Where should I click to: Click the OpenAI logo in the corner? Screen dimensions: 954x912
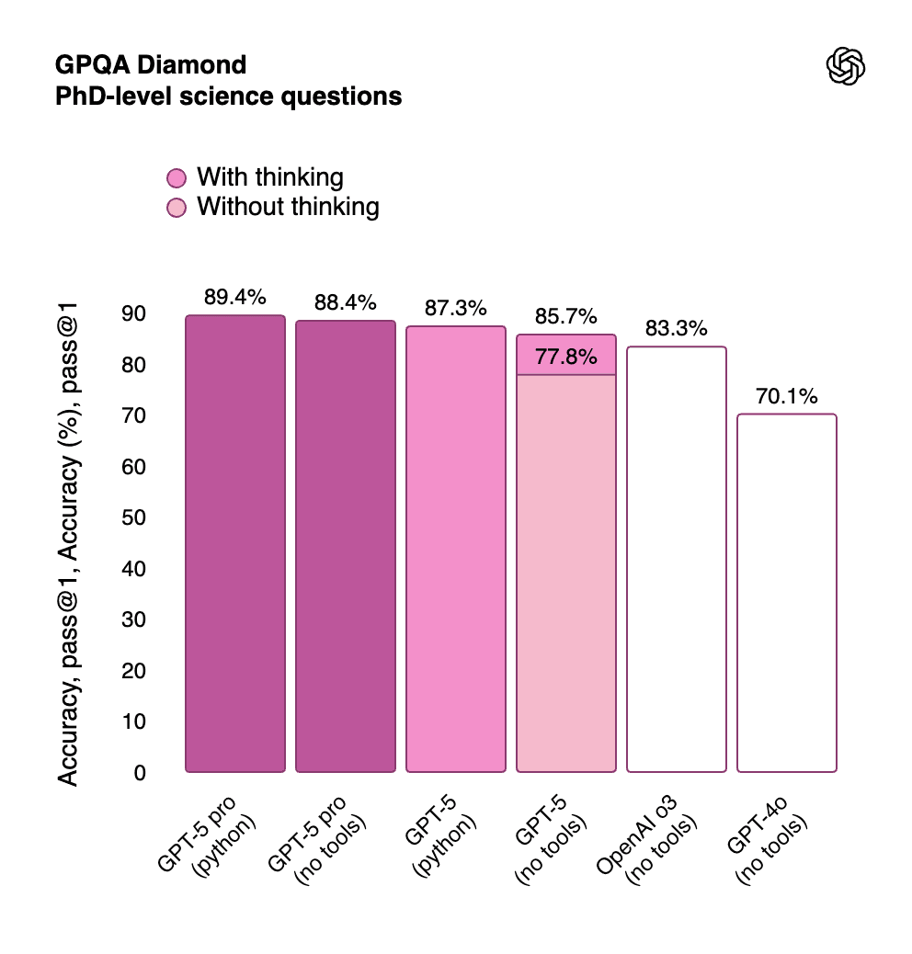847,67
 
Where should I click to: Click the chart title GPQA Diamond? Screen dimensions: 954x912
152,65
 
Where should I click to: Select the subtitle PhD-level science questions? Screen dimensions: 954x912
229,96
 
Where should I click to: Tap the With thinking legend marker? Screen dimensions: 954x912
177,177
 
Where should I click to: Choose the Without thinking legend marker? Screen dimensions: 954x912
177,207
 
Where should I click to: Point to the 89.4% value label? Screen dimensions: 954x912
235,297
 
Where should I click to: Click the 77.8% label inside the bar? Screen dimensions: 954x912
566,357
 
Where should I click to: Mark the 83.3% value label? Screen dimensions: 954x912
677,328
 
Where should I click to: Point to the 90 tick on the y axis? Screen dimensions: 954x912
134,314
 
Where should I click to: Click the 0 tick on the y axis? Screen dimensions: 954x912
140,773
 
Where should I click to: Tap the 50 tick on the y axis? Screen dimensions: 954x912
134,518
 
